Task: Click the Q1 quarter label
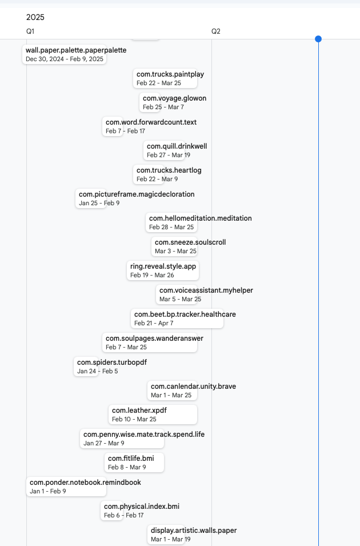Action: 30,31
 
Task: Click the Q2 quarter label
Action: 216,31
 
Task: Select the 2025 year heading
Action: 35,17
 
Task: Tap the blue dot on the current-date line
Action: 318,39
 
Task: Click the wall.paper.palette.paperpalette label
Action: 76,50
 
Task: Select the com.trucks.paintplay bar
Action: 165,78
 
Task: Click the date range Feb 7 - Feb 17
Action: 125,131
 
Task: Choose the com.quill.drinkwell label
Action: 177,146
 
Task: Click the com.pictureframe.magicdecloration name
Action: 137,194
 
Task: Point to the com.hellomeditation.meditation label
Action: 201,218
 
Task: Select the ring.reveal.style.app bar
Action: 163,270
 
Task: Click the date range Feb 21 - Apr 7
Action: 154,323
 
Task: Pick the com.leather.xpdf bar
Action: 153,415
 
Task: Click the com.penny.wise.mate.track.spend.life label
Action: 144,435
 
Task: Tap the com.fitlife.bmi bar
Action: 134,463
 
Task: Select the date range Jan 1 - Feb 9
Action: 48,491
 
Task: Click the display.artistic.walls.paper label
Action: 194,531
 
